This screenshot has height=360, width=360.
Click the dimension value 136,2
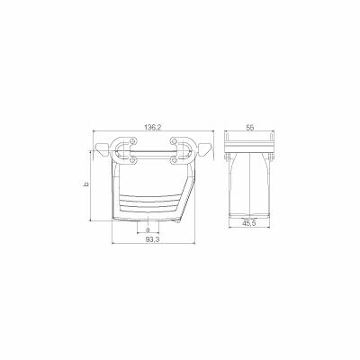point(152,128)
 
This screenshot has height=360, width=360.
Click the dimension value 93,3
point(152,239)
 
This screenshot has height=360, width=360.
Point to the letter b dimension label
point(87,184)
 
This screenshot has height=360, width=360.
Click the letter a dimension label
point(147,230)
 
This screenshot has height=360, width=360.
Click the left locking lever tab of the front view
point(101,148)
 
